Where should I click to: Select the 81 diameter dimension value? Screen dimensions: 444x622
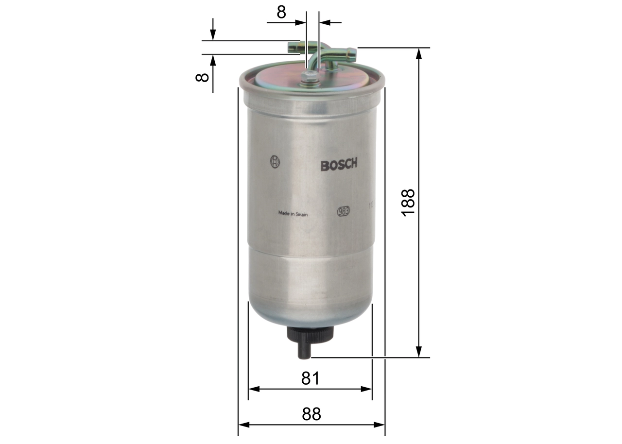pos(310,378)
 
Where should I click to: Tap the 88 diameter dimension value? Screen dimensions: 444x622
pos(311,414)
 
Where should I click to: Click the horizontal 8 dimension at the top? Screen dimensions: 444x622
pos(281,12)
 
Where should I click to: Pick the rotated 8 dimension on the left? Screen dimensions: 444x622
pos(202,76)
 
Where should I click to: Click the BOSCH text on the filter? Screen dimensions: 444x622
pos(339,165)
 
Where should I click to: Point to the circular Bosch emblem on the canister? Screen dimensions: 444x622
pos(275,162)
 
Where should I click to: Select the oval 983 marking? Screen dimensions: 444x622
pos(343,211)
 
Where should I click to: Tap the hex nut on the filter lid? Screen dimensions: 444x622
pos(308,77)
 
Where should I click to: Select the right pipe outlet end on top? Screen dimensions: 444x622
pos(351,52)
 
